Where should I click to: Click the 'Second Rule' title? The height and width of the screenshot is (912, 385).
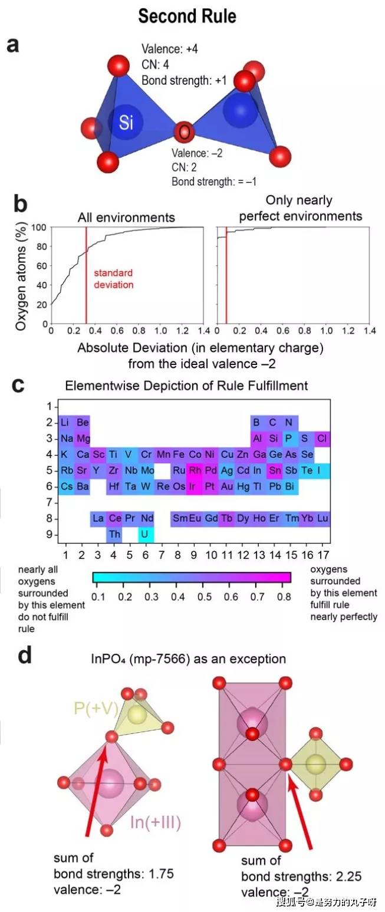click(187, 16)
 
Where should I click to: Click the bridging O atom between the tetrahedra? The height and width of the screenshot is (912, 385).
click(185, 131)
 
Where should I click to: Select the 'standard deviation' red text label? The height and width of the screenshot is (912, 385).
click(113, 279)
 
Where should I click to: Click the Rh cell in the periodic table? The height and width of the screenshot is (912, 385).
click(195, 470)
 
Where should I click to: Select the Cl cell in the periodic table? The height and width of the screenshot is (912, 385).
click(323, 439)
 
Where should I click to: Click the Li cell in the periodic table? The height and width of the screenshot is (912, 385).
click(67, 423)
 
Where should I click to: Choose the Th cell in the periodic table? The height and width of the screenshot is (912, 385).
click(114, 535)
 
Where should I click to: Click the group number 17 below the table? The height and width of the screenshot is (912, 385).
click(323, 555)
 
